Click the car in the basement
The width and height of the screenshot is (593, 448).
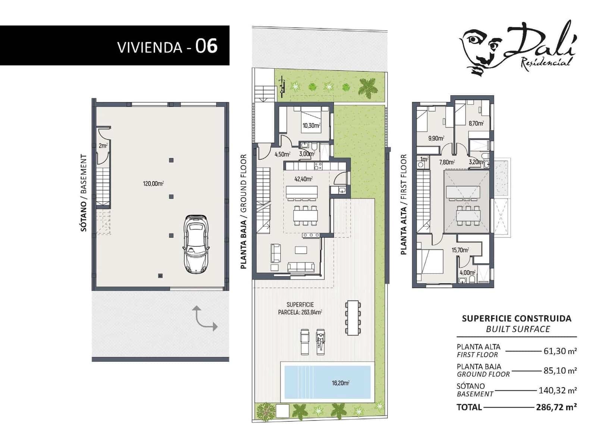[196, 244]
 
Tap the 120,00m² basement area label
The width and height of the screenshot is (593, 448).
[153, 183]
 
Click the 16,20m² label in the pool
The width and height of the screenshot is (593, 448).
[340, 383]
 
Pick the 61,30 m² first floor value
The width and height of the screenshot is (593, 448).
[560, 351]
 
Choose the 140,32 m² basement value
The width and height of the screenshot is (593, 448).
[558, 391]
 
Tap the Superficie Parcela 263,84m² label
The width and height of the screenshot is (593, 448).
[300, 309]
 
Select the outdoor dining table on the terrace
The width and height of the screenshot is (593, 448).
[353, 318]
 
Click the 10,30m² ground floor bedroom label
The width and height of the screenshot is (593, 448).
[311, 126]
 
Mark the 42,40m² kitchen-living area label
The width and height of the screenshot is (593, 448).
[303, 179]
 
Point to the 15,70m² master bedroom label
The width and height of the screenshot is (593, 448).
[460, 250]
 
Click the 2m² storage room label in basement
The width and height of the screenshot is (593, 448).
[103, 146]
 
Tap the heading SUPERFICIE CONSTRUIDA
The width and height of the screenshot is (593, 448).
[517, 318]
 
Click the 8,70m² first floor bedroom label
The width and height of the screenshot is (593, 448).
[476, 123]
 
